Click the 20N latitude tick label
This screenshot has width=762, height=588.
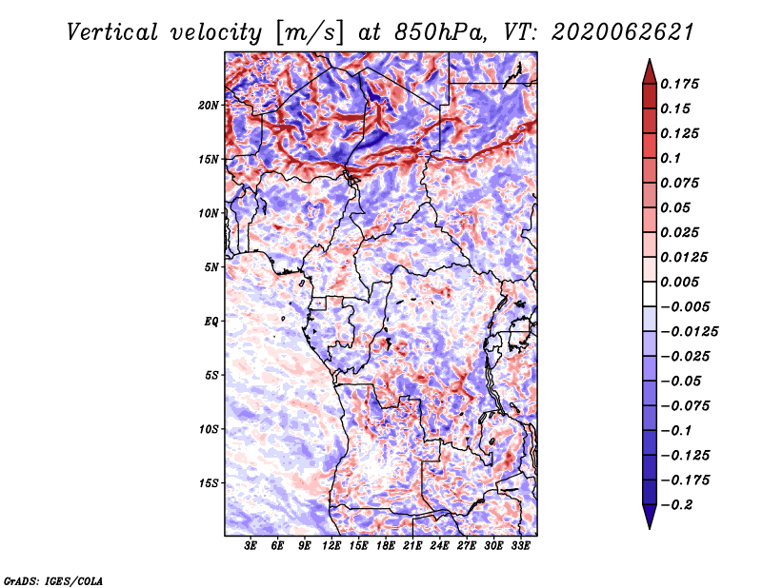(x=209, y=105)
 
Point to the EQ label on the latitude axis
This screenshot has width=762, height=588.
(x=211, y=321)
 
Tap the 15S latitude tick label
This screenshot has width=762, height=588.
(x=209, y=482)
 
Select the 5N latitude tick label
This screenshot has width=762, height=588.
(x=211, y=266)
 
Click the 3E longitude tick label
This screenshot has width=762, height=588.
(x=251, y=546)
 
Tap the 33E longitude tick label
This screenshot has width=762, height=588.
(x=520, y=546)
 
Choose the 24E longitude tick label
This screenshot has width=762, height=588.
(x=439, y=546)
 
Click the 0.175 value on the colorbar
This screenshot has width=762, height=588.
(x=683, y=84)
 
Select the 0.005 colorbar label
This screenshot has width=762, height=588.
(x=683, y=282)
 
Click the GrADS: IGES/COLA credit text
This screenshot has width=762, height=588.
(x=52, y=579)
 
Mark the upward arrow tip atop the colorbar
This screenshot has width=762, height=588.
(x=649, y=63)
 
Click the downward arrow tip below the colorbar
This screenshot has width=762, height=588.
(x=649, y=525)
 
